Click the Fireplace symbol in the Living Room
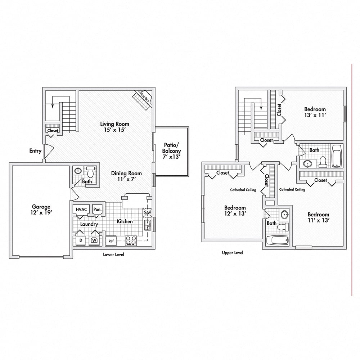142,100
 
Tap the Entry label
35,151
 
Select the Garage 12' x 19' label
41,210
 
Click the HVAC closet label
81,210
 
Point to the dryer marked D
81,240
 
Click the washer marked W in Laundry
94,240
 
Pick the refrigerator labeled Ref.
111,241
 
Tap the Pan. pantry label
97,210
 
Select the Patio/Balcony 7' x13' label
171,151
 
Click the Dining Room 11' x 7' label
126,176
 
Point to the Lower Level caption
113,255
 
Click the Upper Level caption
232,253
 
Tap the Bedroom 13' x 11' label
315,112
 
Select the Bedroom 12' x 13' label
235,211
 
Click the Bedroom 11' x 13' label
319,217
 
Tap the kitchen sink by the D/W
148,225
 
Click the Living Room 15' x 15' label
114,127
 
